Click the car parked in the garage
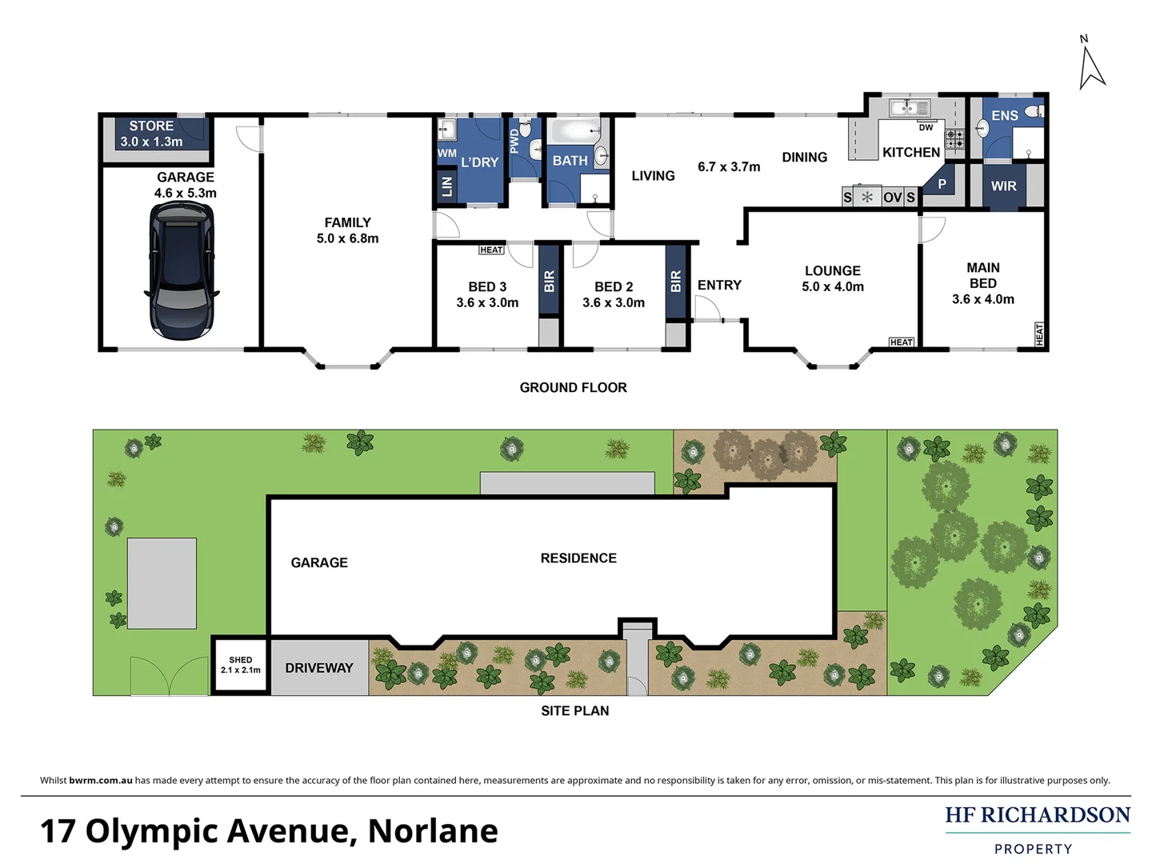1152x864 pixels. click(x=182, y=270)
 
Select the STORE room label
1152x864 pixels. click(x=151, y=126)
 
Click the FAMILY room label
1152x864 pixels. click(x=347, y=223)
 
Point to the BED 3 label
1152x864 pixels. click(x=487, y=287)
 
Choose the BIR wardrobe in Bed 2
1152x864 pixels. click(x=675, y=281)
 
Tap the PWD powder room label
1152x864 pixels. click(x=514, y=142)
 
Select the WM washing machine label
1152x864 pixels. click(x=446, y=154)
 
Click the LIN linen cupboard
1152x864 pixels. click(x=446, y=186)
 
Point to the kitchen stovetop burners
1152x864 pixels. click(x=955, y=139)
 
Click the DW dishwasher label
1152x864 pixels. click(x=926, y=128)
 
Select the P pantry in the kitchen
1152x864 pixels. click(x=942, y=185)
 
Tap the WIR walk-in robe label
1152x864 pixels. click(x=1003, y=186)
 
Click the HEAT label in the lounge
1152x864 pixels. click(x=901, y=342)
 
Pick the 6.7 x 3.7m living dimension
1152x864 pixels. click(x=729, y=167)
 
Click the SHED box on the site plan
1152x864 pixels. click(x=240, y=665)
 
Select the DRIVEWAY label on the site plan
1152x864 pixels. click(x=318, y=668)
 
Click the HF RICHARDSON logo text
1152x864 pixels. click(x=1037, y=815)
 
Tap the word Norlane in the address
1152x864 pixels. click(x=432, y=831)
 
